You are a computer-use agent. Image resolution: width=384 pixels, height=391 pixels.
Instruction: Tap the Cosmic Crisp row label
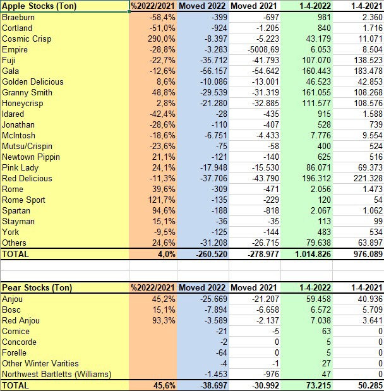tap(26, 39)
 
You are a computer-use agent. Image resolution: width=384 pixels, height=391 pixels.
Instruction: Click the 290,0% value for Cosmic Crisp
tap(163, 39)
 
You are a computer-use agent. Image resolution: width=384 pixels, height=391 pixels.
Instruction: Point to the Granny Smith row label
tap(27, 92)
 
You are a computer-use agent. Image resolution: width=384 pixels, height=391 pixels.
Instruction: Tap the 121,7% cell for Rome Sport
tap(163, 200)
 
